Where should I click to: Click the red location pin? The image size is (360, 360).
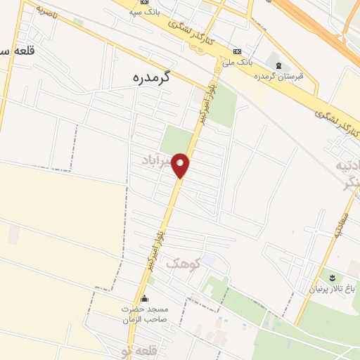[181, 165]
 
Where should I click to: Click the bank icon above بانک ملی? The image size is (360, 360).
[236, 51]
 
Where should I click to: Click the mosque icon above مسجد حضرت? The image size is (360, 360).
[145, 298]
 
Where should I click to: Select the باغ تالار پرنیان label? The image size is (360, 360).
[333, 288]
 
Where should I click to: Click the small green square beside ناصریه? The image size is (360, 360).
[78, 22]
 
